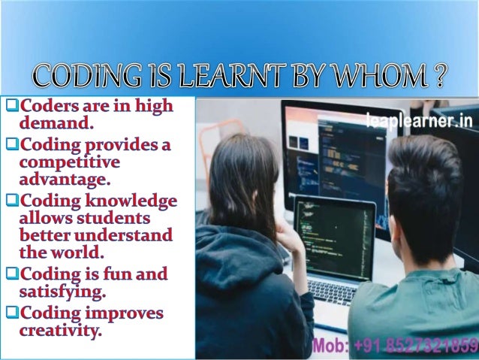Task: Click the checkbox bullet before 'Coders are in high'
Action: pyautogui.click(x=11, y=106)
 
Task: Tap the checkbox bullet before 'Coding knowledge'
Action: pyautogui.click(x=11, y=202)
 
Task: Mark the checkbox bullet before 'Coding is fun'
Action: pyautogui.click(x=11, y=275)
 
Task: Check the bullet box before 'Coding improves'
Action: pyautogui.click(x=11, y=313)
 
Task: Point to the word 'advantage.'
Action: pyautogui.click(x=65, y=179)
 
